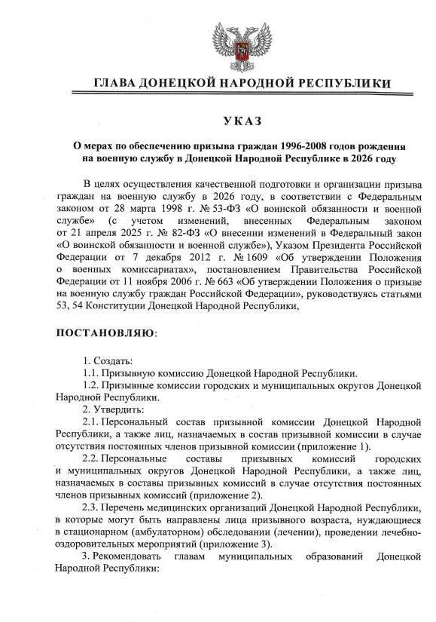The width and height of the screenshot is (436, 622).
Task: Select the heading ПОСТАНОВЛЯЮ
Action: (x=106, y=332)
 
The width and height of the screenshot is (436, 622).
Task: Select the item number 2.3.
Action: (x=91, y=507)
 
